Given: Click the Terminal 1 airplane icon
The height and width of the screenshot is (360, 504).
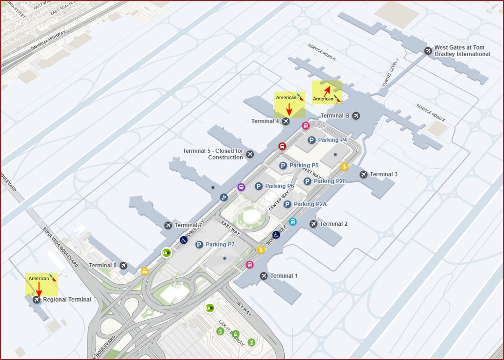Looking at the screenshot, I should click(264, 276).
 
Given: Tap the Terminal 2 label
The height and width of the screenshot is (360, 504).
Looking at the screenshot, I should click(333, 224).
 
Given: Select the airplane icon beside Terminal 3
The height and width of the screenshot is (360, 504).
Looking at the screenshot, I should click(364, 174).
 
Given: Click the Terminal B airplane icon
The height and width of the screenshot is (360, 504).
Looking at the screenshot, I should click(356, 115).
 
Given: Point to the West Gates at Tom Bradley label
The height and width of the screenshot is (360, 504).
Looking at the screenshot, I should click(462, 50).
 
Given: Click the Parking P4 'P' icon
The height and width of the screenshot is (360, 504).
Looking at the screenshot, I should click(311, 140).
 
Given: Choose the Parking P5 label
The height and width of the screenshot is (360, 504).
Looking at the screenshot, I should click(304, 166).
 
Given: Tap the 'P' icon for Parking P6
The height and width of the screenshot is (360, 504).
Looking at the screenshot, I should click(259, 186).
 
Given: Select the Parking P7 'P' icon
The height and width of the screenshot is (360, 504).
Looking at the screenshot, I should click(199, 245).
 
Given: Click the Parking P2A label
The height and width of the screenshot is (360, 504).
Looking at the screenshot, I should click(310, 204).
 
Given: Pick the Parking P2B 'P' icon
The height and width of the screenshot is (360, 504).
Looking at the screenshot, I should click(307, 181).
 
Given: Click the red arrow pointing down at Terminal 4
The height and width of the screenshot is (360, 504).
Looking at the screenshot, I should click(289, 108).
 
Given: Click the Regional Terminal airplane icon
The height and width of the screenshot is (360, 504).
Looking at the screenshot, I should click(36, 300).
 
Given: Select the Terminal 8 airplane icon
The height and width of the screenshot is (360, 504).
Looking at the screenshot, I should click(123, 266).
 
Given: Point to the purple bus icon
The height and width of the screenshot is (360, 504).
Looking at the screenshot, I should click(241, 187).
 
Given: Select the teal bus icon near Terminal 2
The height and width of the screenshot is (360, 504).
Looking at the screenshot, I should click(293, 222).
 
